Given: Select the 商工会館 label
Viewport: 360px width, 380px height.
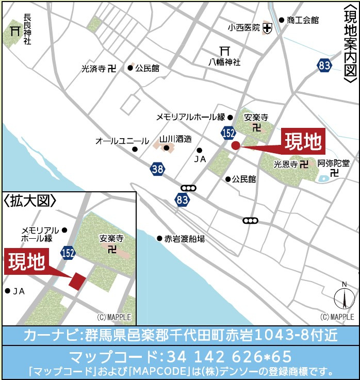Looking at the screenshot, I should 303,20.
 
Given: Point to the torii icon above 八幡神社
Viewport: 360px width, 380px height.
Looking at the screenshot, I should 224,51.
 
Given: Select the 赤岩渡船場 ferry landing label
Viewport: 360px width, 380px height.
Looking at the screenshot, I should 184,239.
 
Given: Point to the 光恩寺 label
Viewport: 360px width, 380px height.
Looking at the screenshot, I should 285,164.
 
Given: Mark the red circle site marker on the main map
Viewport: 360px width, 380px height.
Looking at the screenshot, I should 236,145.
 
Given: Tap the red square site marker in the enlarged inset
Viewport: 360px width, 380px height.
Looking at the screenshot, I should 77,281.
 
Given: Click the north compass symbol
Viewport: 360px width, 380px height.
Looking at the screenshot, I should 344,299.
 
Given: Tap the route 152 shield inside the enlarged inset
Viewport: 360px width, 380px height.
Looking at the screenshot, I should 68,253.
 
